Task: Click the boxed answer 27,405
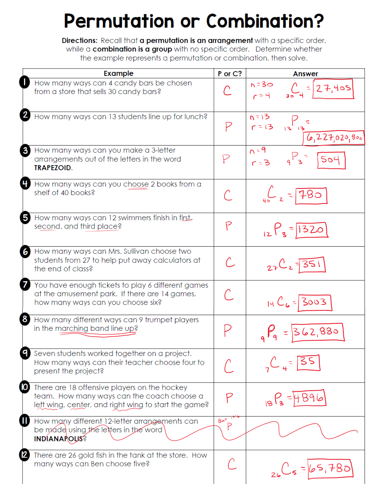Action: [x=333, y=89]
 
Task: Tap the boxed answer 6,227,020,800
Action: [x=334, y=138]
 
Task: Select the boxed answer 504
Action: [x=331, y=160]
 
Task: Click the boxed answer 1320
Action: [x=311, y=230]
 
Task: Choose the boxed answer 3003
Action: [x=315, y=302]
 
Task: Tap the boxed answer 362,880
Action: [x=317, y=332]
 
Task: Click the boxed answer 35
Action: [x=308, y=362]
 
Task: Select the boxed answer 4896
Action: [x=309, y=398]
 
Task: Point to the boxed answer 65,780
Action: [x=330, y=468]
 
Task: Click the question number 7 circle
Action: [x=25, y=284]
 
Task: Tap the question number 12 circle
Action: [x=24, y=455]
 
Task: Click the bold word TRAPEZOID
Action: [x=53, y=168]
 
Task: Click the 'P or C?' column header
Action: [x=230, y=74]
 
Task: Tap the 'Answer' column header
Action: [x=305, y=74]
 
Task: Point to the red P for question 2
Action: [x=228, y=126]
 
